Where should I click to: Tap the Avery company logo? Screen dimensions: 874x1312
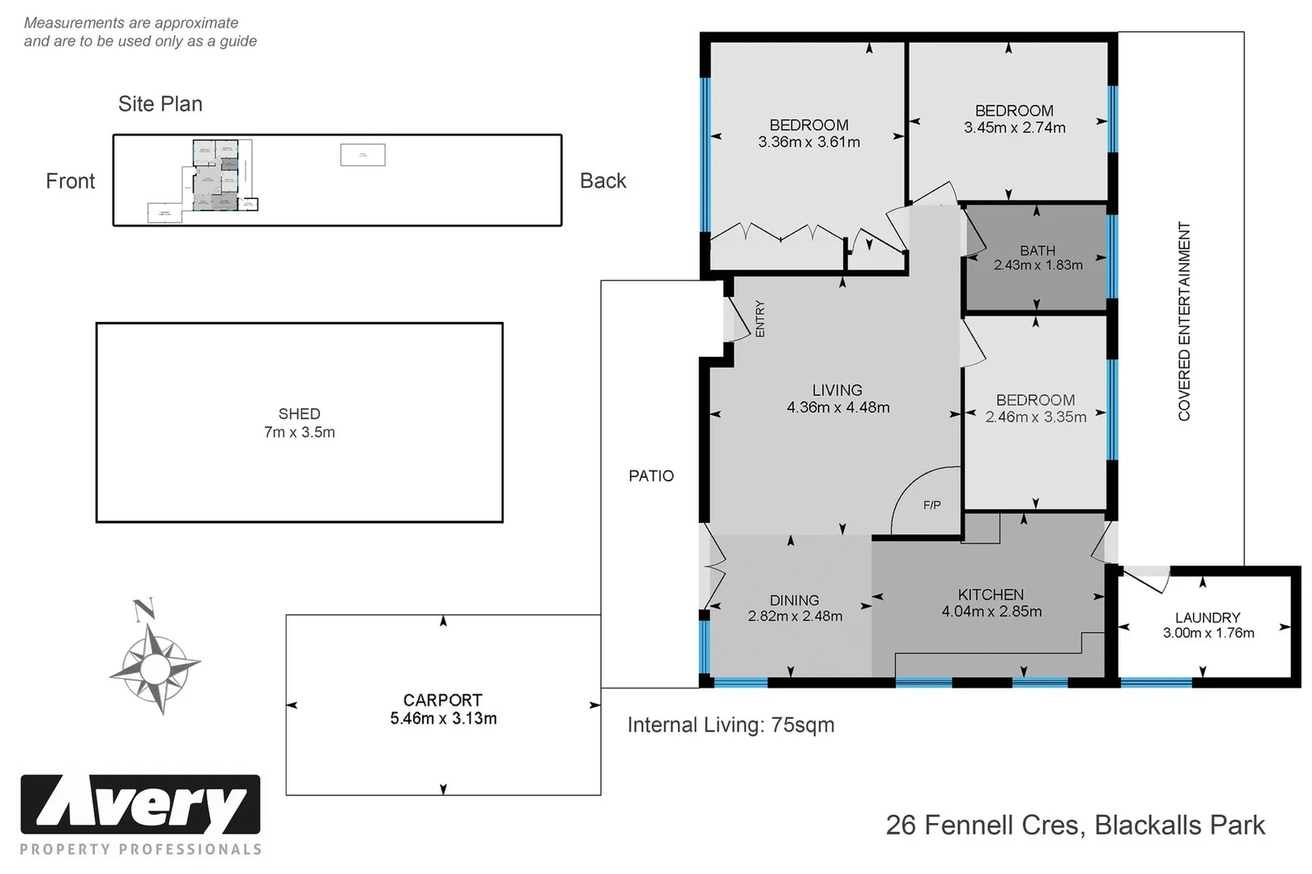140,806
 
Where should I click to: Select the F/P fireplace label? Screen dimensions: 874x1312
931,505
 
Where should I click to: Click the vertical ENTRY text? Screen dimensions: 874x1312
760,319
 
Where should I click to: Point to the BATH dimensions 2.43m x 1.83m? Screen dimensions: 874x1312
1037,265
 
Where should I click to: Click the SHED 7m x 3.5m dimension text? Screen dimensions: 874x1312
299,432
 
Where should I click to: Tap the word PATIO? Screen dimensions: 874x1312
650,476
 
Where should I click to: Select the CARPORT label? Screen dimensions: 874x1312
442,700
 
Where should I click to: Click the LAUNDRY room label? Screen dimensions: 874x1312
1207,617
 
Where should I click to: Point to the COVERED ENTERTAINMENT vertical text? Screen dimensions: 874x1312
1184,321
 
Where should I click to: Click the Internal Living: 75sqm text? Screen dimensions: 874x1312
731,725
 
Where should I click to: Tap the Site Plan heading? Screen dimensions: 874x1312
160,104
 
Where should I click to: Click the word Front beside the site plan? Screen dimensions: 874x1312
70,181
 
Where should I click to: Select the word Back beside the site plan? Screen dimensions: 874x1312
603,181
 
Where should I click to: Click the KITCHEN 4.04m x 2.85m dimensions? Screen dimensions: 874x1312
991,612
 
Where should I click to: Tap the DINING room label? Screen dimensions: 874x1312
794,600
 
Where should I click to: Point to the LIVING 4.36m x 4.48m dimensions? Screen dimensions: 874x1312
837,408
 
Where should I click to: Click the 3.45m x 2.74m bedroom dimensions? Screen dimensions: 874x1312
1014,128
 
